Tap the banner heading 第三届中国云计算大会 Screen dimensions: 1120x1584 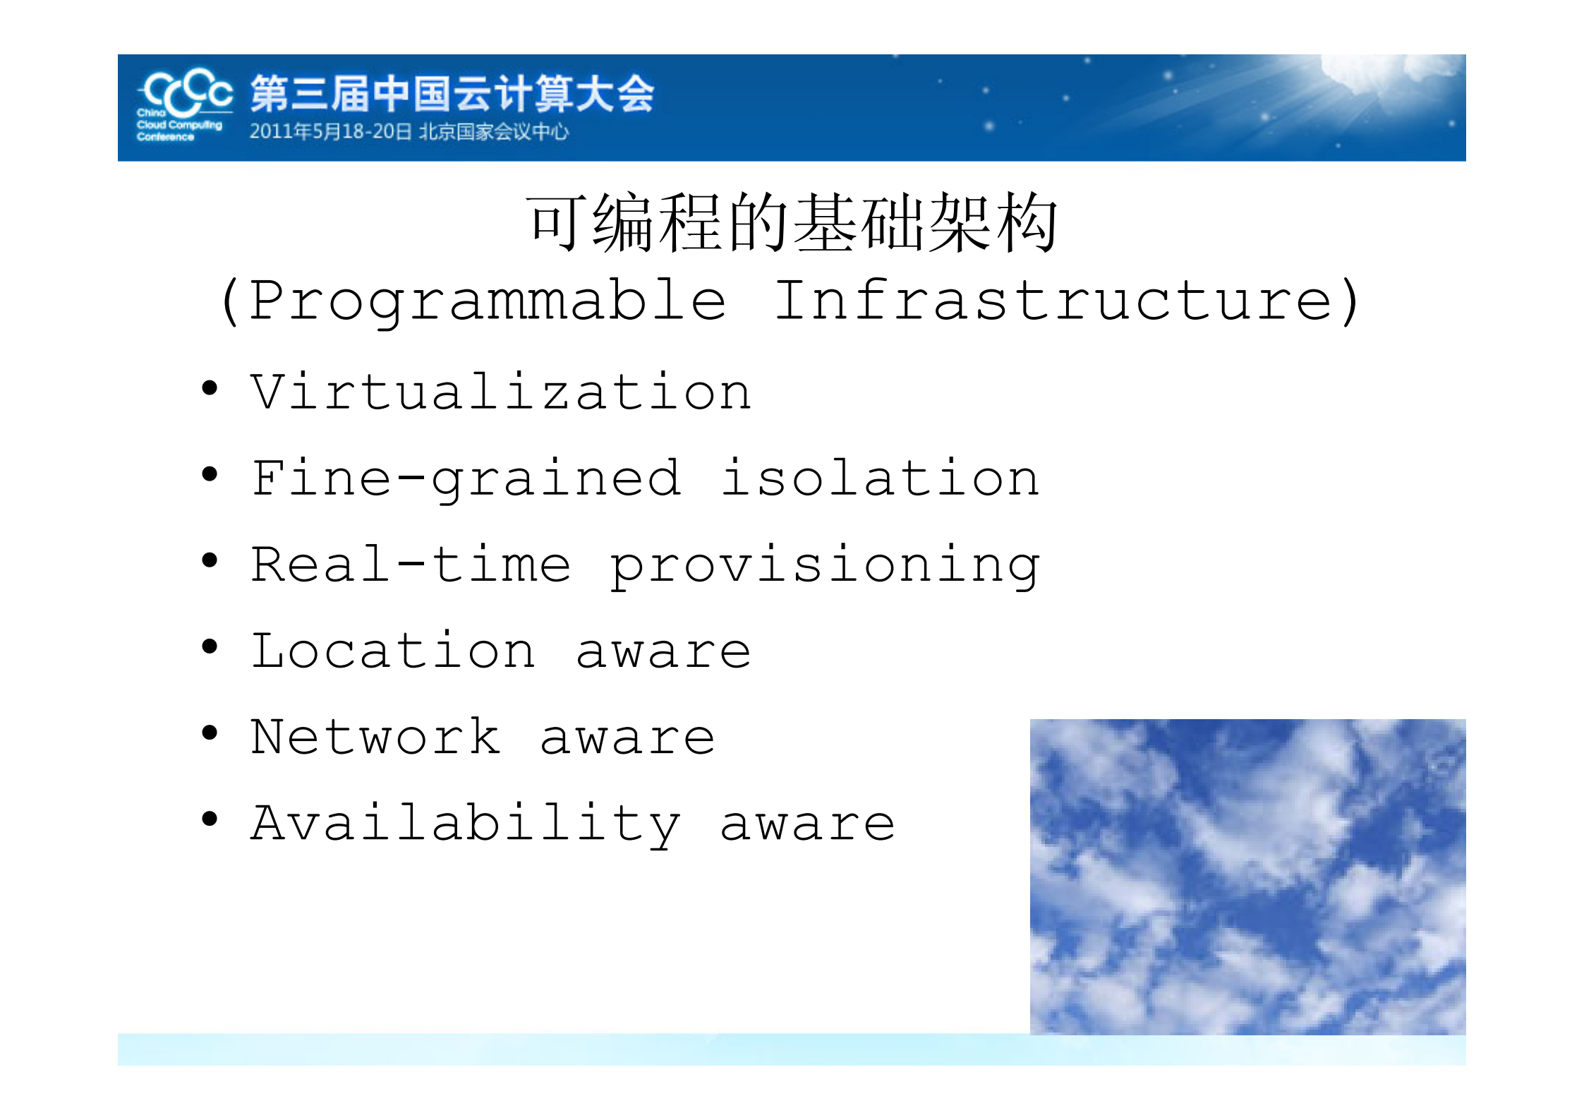[452, 94]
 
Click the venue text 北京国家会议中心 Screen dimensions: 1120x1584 [494, 132]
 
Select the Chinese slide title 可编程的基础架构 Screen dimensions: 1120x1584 [792, 223]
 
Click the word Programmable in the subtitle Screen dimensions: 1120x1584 [488, 301]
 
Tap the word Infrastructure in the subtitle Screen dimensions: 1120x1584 [1054, 301]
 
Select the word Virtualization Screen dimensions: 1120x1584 [501, 392]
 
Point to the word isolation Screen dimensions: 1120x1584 [880, 478]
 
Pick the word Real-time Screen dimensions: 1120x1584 [411, 565]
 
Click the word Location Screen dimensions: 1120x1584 [394, 651]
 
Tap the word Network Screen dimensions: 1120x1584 [376, 737]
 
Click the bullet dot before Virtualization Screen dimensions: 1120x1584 [210, 387]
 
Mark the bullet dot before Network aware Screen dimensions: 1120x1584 [210, 733]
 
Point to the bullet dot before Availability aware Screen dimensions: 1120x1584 [210, 819]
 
